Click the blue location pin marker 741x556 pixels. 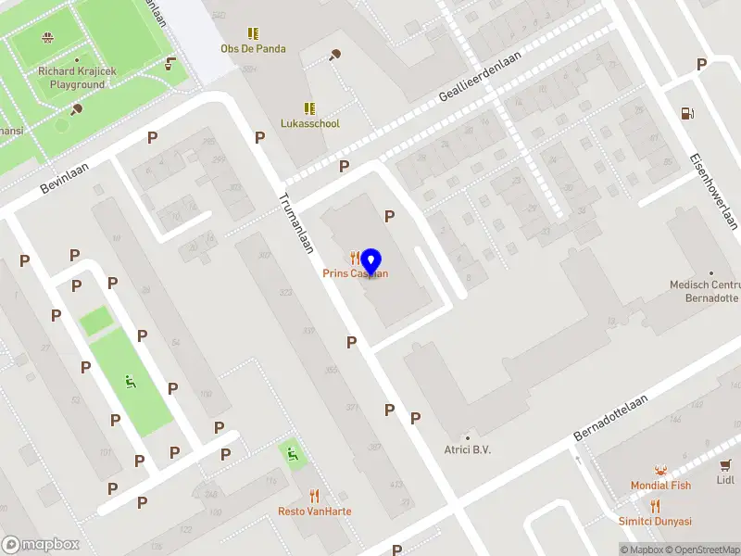371,263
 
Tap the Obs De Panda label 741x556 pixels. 253,48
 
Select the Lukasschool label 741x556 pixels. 309,123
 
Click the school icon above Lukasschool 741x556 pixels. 309,108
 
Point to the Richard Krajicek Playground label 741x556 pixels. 71,78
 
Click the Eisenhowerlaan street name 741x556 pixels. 713,190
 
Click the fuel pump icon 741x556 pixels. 686,113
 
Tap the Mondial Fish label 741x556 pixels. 660,486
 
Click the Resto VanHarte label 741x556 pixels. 314,512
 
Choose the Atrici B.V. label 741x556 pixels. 467,450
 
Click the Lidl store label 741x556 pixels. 725,480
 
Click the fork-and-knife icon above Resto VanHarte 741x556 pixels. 314,496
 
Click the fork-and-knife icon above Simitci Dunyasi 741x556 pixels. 655,506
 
